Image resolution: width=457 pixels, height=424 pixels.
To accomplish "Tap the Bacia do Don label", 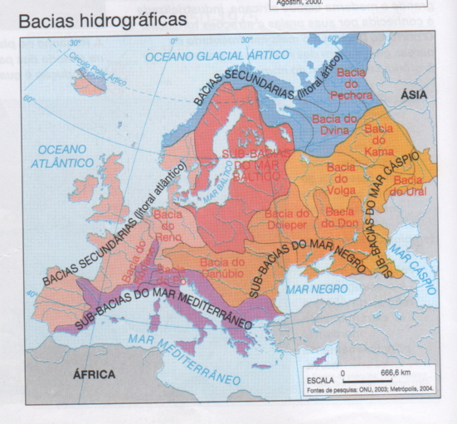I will [338, 219].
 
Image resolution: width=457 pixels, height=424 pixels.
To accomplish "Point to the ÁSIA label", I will [414, 95].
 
